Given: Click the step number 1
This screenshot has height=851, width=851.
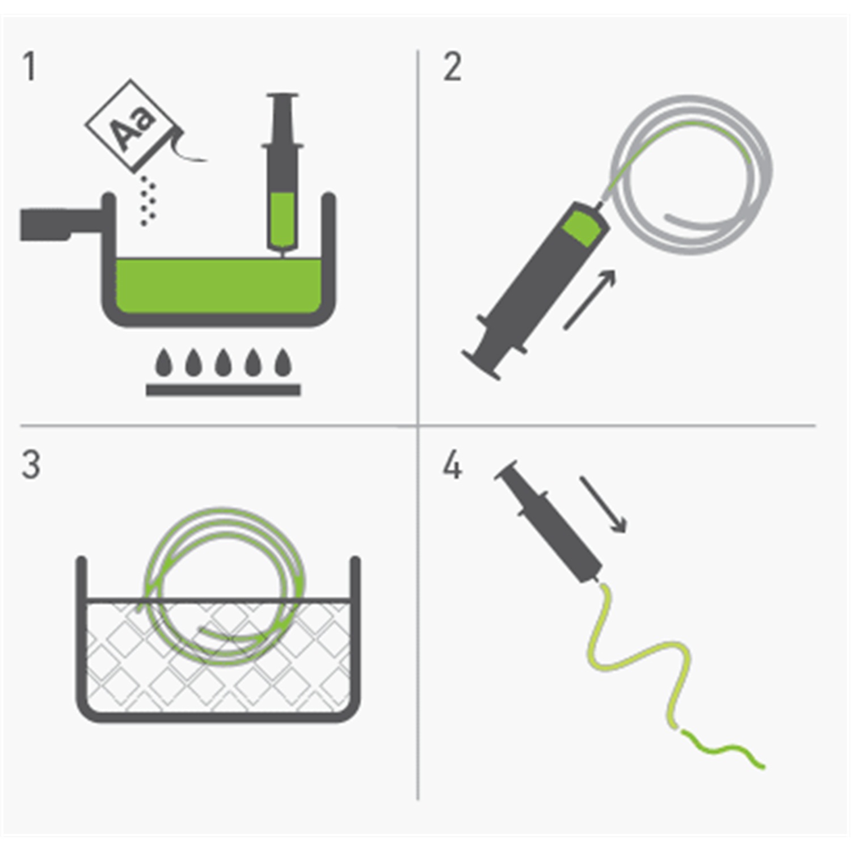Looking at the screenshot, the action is point(30,67).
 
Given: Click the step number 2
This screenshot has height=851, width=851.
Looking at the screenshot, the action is point(452,67).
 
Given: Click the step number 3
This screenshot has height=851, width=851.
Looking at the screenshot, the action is point(31,465).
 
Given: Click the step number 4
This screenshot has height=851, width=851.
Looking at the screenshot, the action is point(452,465).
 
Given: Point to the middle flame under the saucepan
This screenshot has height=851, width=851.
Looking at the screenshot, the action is point(223,363).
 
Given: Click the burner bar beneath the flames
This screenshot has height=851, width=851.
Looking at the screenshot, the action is point(223,390).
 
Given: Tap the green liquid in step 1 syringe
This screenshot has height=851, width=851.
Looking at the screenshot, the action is point(282,218).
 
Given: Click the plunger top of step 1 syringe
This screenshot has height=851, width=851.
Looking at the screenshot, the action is point(282,96).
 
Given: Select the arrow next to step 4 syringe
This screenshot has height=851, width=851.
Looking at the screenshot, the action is point(603,504).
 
